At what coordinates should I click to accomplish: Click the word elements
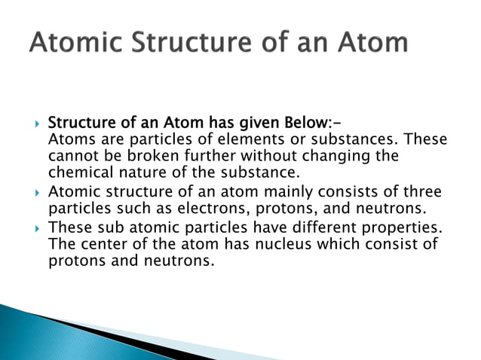point(225,140)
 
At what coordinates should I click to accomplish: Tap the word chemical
point(78,172)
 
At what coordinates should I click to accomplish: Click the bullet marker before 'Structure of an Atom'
point(35,124)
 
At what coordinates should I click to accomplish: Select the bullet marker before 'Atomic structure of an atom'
point(35,192)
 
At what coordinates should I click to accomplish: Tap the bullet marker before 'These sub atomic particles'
point(35,228)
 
